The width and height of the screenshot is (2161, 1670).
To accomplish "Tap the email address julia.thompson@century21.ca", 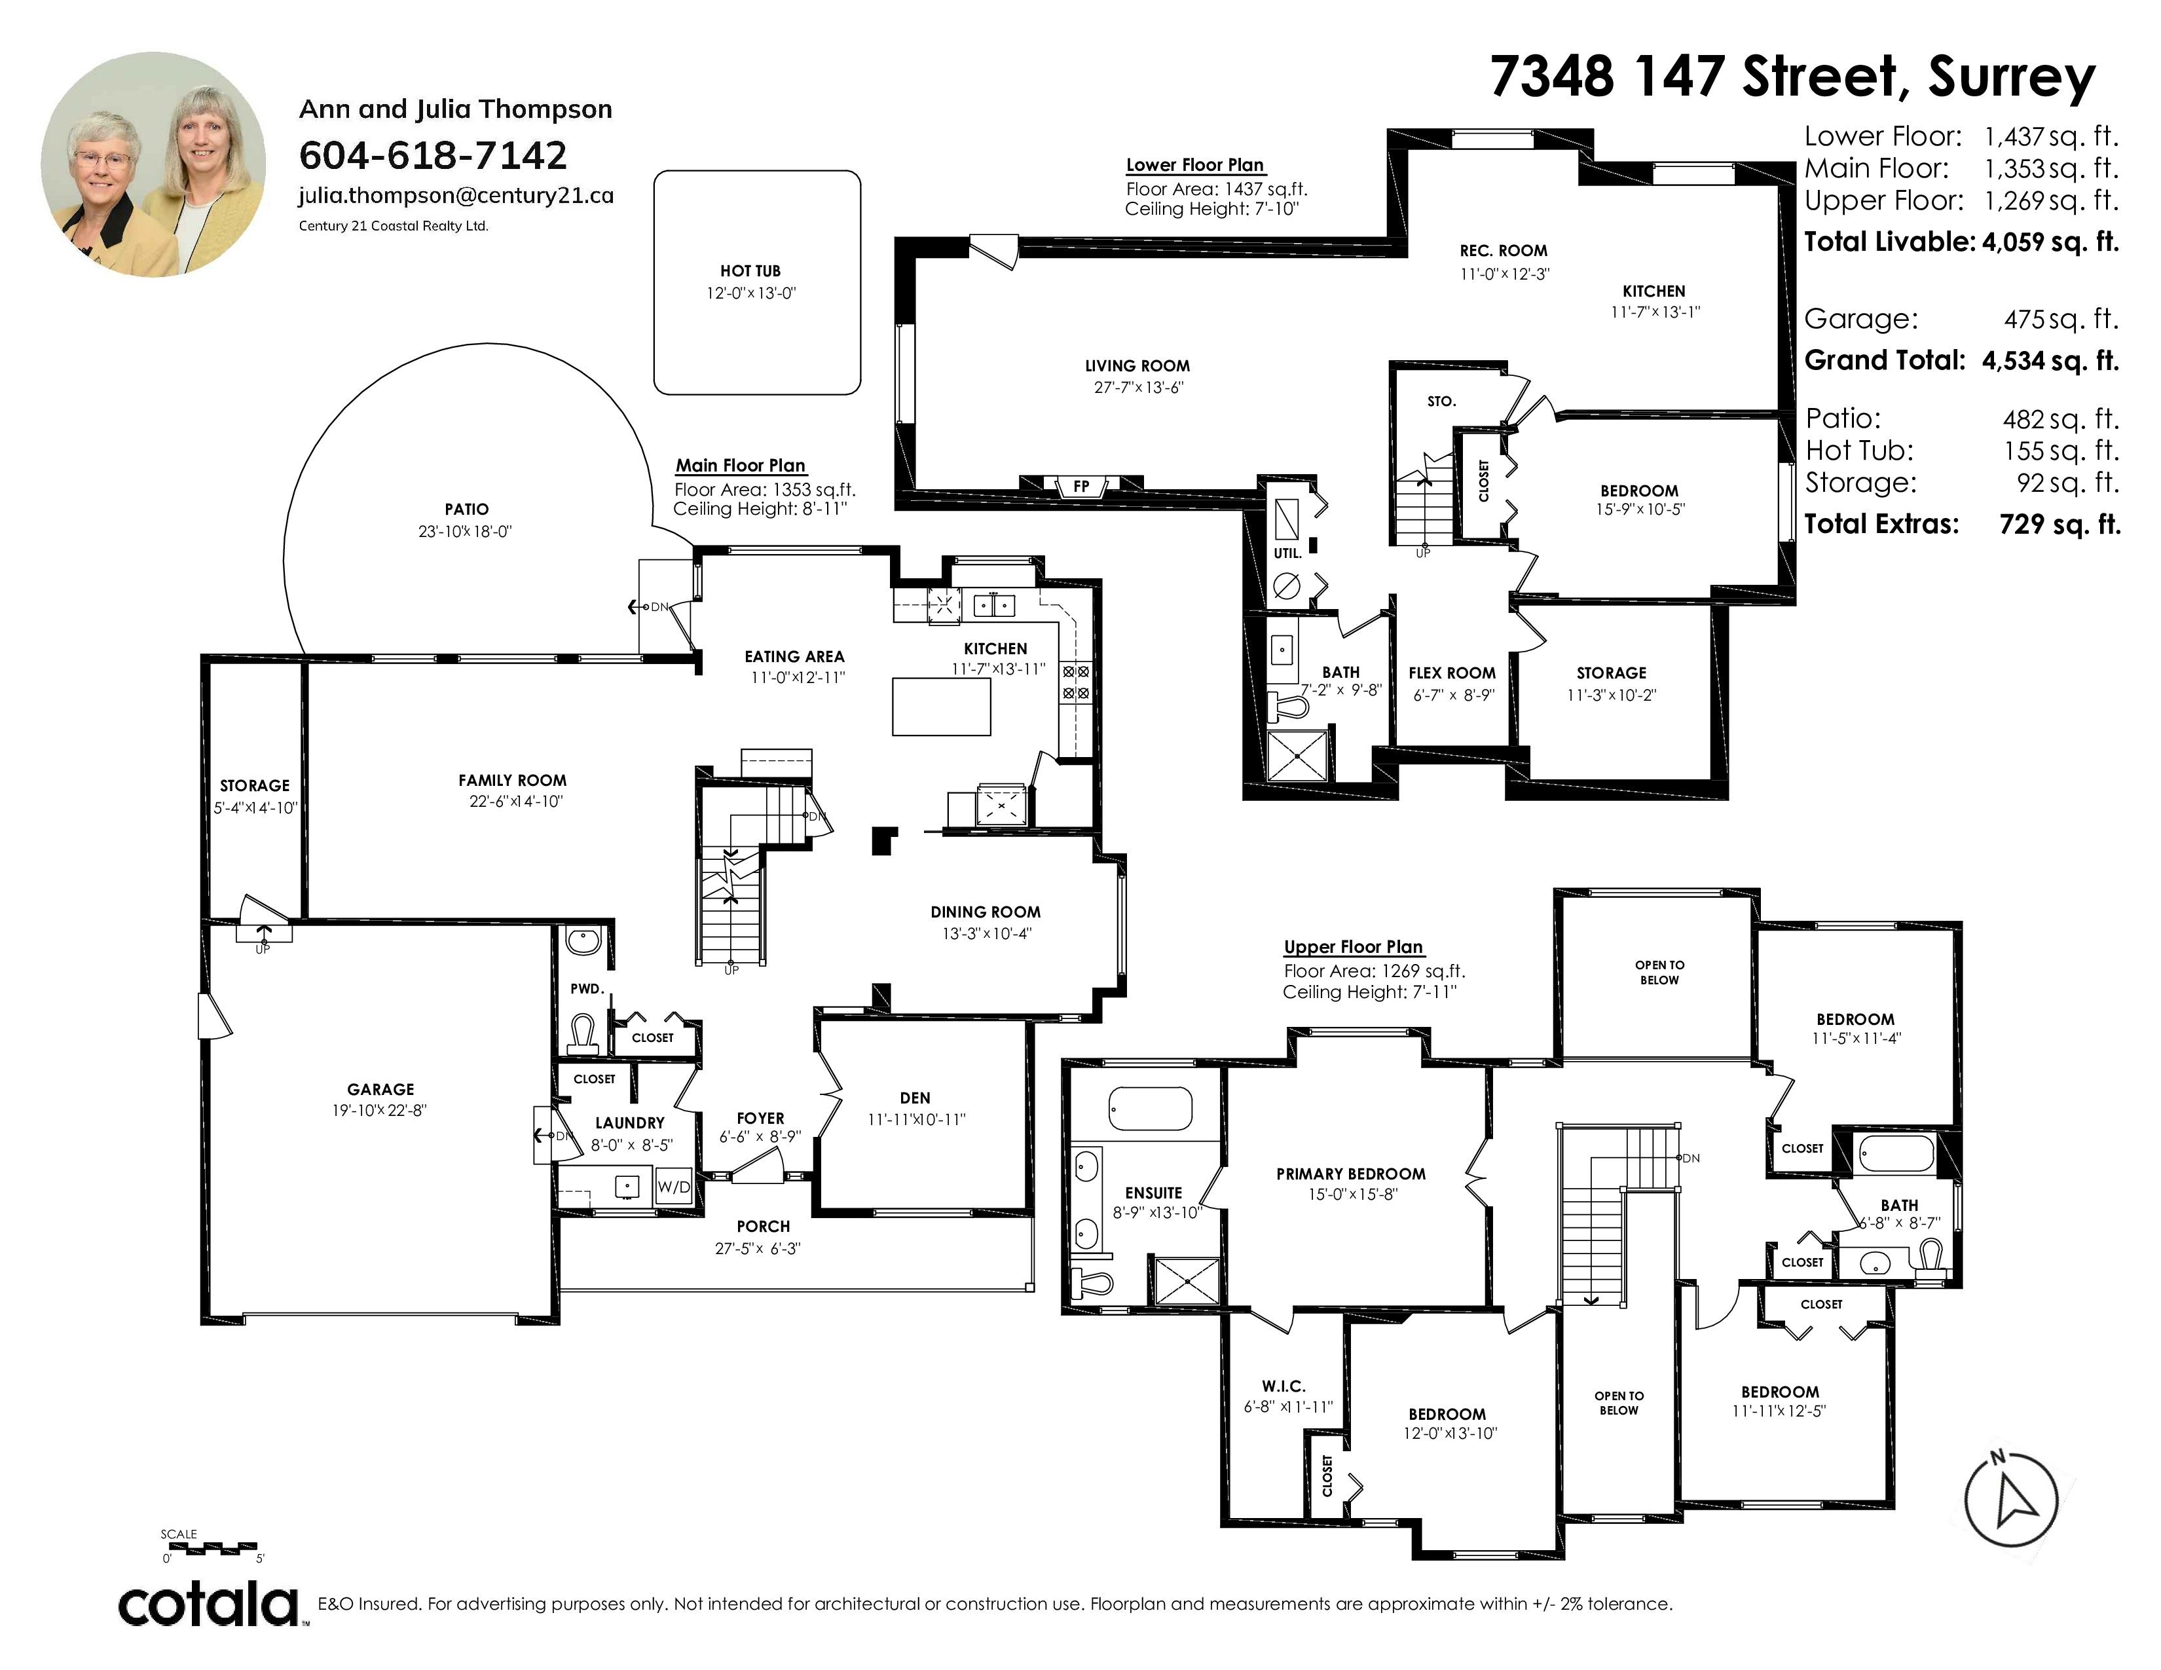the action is click(x=456, y=196).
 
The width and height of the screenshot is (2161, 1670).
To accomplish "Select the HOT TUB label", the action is click(x=750, y=271).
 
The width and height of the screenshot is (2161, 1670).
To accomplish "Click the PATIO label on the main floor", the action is click(x=466, y=510).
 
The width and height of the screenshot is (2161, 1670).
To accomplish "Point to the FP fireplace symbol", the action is click(x=1082, y=486).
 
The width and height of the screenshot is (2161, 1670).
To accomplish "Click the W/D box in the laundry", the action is click(x=674, y=1186).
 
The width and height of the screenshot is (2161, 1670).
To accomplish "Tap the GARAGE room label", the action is click(x=381, y=1089).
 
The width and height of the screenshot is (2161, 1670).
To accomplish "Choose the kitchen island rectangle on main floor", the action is click(x=941, y=707).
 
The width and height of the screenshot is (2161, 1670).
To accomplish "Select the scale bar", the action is click(x=211, y=1546).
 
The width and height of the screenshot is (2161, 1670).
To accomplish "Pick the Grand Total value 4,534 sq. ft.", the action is click(x=2050, y=360).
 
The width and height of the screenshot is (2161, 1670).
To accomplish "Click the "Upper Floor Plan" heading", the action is click(x=1354, y=947).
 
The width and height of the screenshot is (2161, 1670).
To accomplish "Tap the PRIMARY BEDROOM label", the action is click(x=1350, y=1174).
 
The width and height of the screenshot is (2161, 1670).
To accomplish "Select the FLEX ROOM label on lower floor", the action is click(x=1452, y=673).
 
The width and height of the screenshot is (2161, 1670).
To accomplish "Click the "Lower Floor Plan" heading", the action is click(x=1195, y=165).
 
